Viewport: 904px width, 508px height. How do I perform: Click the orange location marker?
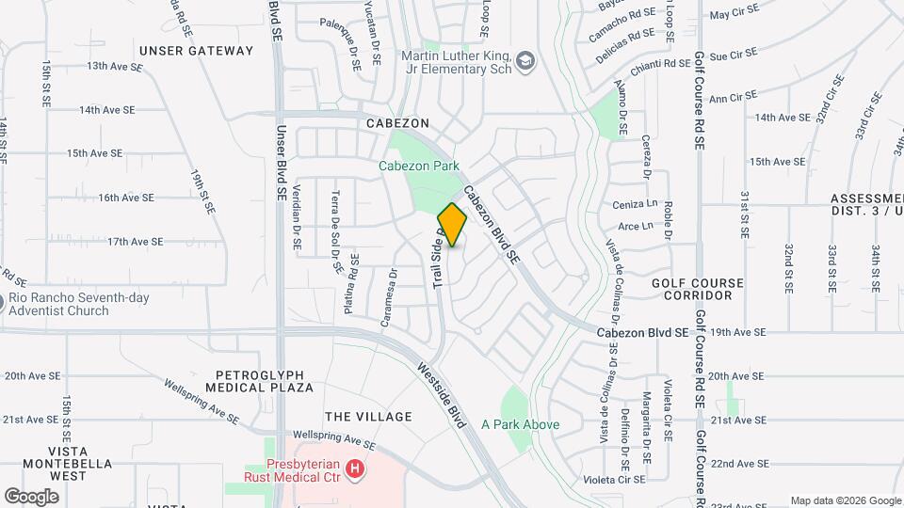[452, 225]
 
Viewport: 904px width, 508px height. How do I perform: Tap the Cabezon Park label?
[419, 167]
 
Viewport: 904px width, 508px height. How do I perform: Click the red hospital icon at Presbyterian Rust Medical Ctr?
[354, 468]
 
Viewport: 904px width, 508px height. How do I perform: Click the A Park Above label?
[521, 424]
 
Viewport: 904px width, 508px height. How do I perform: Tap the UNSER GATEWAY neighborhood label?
[196, 51]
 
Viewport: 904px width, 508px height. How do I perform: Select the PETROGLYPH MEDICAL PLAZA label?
[265, 379]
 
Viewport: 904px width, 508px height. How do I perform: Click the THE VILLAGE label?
[368, 417]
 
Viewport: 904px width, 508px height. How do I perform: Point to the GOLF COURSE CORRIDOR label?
[698, 289]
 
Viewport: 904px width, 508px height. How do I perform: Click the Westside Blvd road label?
[443, 394]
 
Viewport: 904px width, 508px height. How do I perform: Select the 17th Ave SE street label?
[136, 242]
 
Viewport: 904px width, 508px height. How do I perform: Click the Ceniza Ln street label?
[635, 204]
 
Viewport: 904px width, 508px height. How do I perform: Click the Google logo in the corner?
[32, 496]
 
